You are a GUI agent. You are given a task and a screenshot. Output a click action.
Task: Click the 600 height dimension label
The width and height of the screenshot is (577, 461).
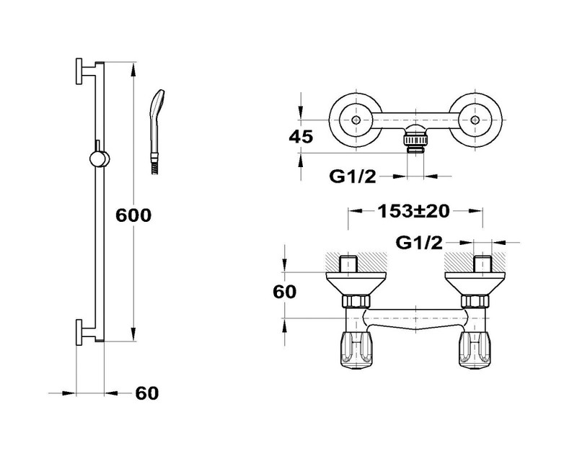(133, 215)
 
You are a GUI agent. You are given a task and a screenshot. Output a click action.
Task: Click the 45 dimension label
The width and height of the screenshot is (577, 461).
(301, 137)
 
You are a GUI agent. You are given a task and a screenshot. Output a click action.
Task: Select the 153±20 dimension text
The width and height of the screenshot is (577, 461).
(413, 211)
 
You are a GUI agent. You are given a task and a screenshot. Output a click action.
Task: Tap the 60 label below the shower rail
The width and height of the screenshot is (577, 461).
(147, 393)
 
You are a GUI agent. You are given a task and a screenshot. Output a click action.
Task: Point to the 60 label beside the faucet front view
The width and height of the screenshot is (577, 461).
(284, 292)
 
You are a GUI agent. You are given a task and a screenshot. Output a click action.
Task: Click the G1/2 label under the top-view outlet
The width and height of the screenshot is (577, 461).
(353, 176)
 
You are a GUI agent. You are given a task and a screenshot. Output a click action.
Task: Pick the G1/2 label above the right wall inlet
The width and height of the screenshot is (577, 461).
(419, 243)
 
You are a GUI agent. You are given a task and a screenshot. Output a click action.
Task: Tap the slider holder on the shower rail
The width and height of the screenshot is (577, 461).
(100, 158)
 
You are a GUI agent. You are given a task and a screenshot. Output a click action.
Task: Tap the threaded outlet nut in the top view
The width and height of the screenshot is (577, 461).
(415, 140)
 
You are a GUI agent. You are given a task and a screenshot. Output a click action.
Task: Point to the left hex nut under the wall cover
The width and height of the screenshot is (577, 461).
(356, 302)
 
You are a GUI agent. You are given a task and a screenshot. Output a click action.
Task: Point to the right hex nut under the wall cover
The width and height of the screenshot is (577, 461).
(475, 302)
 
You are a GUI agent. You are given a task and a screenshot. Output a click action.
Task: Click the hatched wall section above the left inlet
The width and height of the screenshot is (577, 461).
(356, 262)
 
